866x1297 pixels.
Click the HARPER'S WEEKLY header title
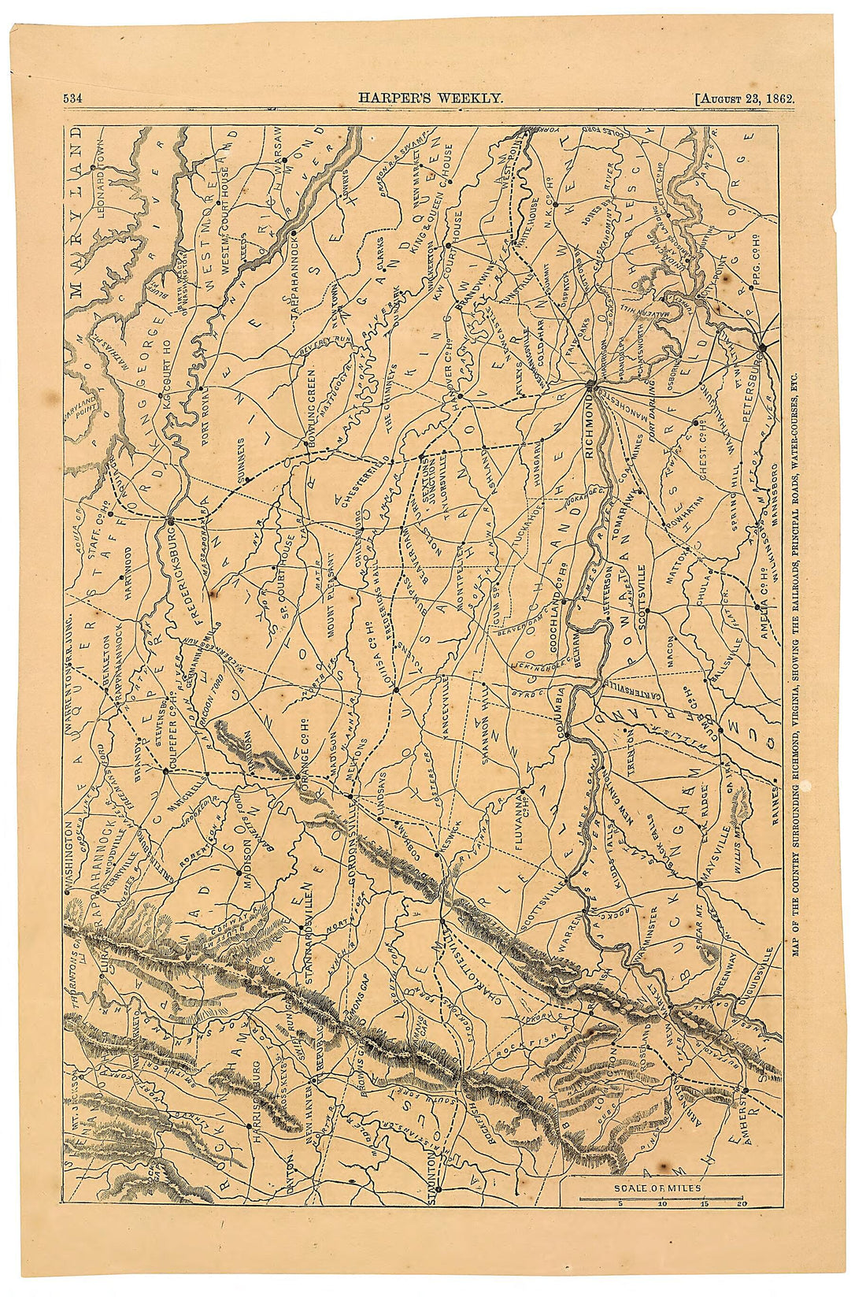pyautogui.click(x=431, y=98)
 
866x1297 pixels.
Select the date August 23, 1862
pyautogui.click(x=746, y=98)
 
